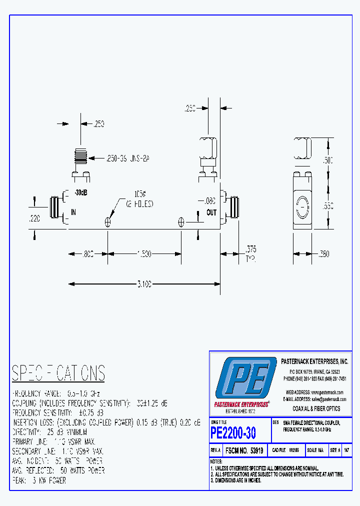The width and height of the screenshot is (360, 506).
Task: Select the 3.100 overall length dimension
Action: coord(143,284)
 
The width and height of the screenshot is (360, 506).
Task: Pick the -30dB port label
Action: coord(80,193)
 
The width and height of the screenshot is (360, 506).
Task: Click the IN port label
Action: coord(73,212)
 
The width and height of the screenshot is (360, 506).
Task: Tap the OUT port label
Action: coord(211,212)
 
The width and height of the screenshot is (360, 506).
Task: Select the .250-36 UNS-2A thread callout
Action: coord(127,158)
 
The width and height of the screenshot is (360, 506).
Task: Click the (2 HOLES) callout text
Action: coord(139,204)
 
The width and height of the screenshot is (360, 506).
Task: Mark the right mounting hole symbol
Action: coord(181,222)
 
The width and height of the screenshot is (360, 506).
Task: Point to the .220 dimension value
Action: coord(34,218)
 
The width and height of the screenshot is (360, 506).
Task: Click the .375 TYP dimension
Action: coord(250,252)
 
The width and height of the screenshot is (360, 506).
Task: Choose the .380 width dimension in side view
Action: coord(323,254)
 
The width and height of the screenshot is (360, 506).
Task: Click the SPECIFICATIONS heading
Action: coord(58,373)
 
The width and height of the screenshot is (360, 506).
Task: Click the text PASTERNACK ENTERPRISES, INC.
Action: coord(314,361)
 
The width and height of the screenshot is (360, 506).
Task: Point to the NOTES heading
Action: coord(216,461)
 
